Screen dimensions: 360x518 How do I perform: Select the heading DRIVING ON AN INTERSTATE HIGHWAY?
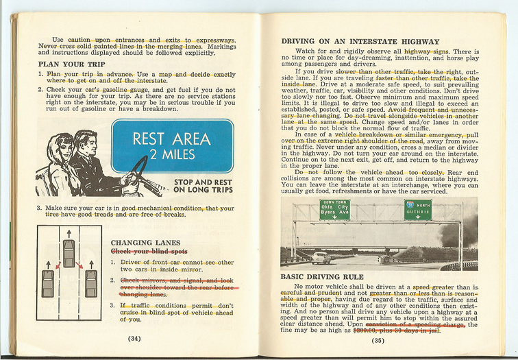click(360, 41)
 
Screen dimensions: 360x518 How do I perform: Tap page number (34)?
click(134, 337)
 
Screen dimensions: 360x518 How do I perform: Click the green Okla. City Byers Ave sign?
click(335, 210)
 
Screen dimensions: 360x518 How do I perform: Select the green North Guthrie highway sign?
click(418, 210)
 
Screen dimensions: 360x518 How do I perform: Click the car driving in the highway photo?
click(321, 258)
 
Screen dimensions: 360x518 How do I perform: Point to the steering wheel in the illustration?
click(140, 174)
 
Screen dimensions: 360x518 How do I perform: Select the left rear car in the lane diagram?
click(48, 283)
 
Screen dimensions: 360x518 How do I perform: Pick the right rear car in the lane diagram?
click(90, 283)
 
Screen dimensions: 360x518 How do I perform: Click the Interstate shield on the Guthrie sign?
click(410, 205)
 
